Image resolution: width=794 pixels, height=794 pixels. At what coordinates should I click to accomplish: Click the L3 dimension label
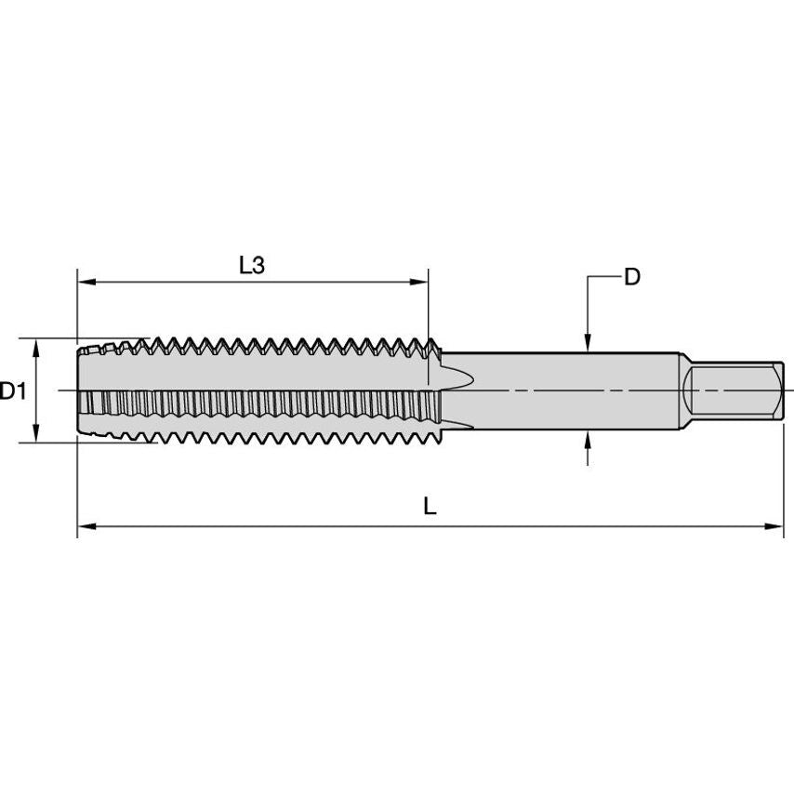pyautogui.click(x=252, y=265)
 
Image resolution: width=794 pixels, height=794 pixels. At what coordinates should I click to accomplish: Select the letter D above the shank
pyautogui.click(x=631, y=277)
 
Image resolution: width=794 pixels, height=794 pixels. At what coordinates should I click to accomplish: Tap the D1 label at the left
pyautogui.click(x=12, y=391)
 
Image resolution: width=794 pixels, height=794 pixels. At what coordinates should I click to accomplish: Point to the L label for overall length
pyautogui.click(x=430, y=507)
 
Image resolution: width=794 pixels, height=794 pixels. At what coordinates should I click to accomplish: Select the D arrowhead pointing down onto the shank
pyautogui.click(x=587, y=344)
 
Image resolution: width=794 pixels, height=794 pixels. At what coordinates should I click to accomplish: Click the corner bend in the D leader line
pyautogui.click(x=587, y=277)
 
